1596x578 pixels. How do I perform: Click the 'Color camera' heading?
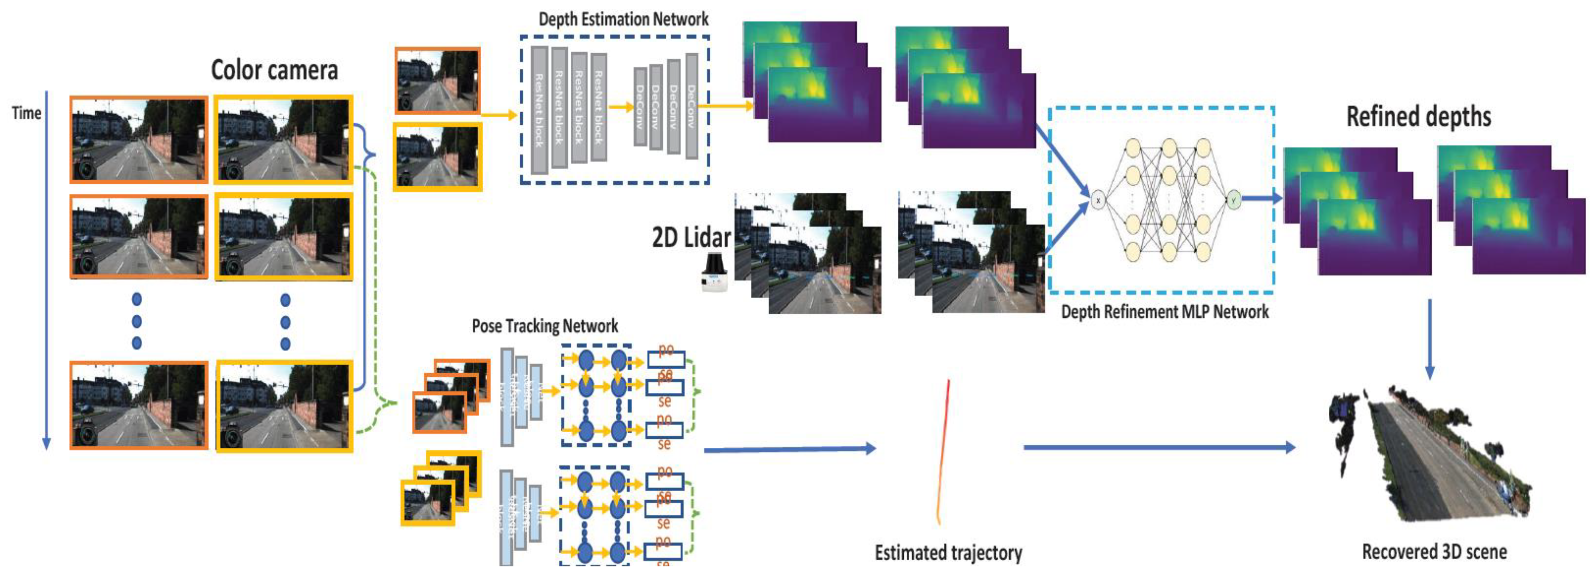click(x=274, y=70)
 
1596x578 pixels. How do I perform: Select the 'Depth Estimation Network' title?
click(x=623, y=19)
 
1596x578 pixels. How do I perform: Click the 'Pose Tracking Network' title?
click(x=545, y=326)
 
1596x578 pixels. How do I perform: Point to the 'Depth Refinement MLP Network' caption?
click(x=1165, y=312)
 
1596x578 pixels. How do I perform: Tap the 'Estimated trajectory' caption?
click(x=948, y=552)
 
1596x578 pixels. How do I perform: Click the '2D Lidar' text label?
click(x=691, y=237)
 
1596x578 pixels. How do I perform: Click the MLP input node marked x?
click(x=1098, y=200)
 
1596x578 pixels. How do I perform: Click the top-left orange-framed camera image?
click(x=139, y=139)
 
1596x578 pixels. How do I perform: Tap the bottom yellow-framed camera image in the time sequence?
click(x=284, y=406)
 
